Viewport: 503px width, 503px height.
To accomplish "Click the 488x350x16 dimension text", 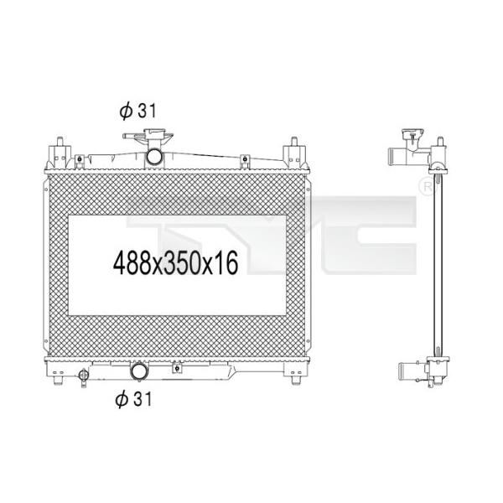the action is [x=175, y=263].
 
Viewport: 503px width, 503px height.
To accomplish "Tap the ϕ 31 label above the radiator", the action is [x=138, y=111].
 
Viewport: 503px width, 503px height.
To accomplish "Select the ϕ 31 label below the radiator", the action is [x=133, y=399].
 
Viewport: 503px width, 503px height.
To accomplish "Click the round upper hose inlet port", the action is [x=154, y=156].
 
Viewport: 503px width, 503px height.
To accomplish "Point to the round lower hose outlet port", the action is [x=139, y=371].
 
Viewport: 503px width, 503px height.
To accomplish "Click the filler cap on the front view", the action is [x=148, y=135].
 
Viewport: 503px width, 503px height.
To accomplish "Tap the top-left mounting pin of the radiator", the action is [x=60, y=142].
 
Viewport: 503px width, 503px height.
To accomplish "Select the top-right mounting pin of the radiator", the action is [x=294, y=142].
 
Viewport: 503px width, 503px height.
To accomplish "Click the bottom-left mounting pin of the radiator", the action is [x=58, y=381].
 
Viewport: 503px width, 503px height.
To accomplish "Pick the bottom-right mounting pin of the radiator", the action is [x=296, y=381].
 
